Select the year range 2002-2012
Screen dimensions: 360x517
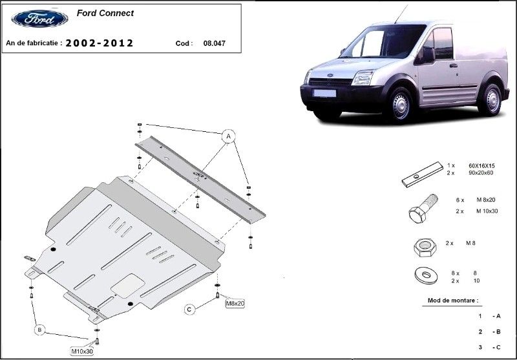point(100,43)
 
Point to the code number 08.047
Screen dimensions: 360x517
point(214,44)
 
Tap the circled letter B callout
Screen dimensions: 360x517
point(39,330)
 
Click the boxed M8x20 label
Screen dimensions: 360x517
point(235,302)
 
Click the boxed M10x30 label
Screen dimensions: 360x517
point(82,351)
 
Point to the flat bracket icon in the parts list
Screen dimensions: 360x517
point(419,176)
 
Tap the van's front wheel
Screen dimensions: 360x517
point(401,106)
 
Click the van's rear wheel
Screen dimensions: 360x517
point(492,100)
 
